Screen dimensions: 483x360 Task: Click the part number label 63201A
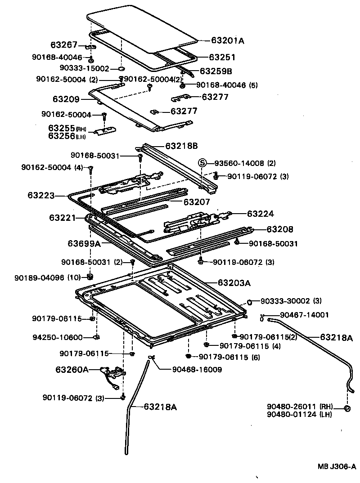227,40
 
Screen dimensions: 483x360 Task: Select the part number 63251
222,58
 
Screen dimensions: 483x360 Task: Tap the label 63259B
216,71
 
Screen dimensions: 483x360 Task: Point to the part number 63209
66,99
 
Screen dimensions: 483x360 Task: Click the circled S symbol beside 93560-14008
202,163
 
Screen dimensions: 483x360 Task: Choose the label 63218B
181,146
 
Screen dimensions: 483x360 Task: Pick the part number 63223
41,195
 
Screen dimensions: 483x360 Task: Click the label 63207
197,202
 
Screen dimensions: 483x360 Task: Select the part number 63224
260,214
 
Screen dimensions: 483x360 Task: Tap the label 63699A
84,244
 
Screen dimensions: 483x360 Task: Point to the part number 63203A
234,283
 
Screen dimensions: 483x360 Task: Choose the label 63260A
72,370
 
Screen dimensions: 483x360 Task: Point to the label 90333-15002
85,68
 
